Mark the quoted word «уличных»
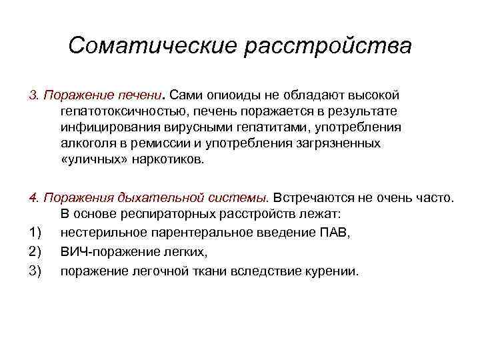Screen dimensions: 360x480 coord(88,160)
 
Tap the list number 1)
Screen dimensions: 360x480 coord(35,232)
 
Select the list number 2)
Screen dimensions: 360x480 coord(35,252)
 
